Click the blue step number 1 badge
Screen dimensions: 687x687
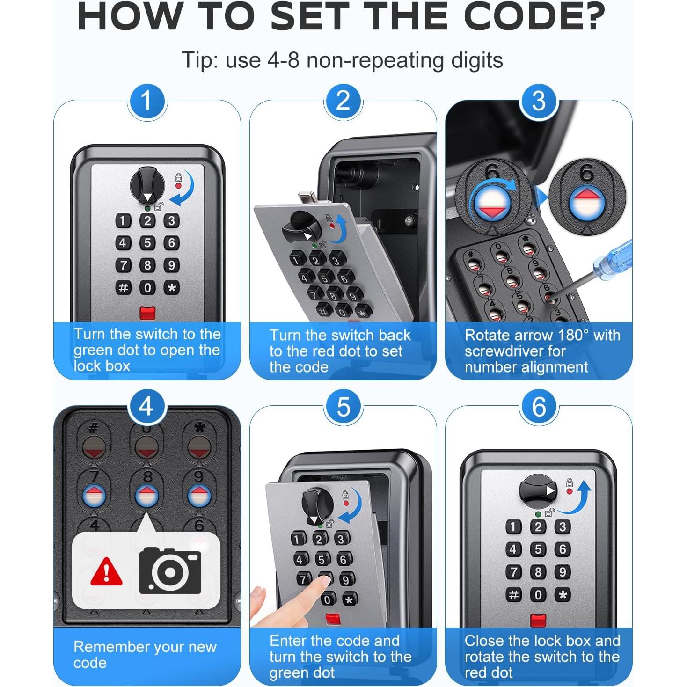tap(147, 102)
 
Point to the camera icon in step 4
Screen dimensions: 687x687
tap(170, 571)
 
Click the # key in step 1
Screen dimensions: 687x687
tap(123, 287)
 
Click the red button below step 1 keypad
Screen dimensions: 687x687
tap(147, 313)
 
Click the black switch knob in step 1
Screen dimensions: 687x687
tap(147, 185)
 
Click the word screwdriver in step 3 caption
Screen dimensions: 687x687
tap(515, 351)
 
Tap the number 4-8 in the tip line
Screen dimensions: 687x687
tap(283, 60)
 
